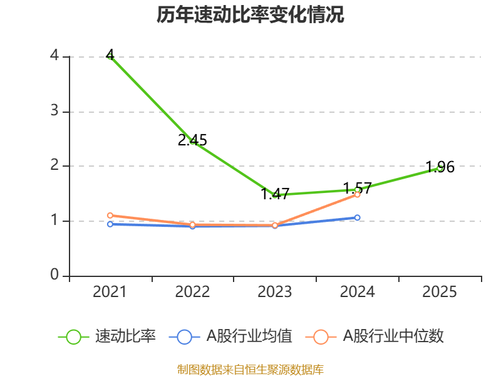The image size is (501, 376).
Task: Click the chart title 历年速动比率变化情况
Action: (250, 15)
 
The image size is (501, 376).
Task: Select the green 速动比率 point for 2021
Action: (110, 56)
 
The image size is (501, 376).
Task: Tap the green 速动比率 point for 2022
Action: (193, 142)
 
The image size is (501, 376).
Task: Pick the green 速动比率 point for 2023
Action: (275, 195)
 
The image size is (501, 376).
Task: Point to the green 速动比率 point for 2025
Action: (440, 168)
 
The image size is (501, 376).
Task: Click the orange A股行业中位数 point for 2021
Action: (110, 215)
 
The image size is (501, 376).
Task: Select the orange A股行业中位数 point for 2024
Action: (358, 194)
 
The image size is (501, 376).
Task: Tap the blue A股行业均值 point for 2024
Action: (358, 217)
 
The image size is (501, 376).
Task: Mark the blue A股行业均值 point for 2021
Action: (110, 224)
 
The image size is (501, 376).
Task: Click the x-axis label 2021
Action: (110, 292)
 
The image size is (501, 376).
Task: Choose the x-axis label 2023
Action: (275, 292)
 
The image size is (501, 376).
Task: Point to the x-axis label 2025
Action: (440, 292)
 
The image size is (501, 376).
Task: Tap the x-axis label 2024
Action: (358, 292)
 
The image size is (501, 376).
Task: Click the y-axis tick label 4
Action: (54, 56)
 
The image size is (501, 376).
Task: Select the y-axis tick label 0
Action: (54, 275)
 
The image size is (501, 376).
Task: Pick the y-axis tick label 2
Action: (54, 165)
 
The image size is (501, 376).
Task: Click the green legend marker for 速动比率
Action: (73, 337)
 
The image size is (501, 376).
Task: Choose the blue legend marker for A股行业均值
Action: (184, 337)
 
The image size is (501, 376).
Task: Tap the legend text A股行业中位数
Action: (393, 337)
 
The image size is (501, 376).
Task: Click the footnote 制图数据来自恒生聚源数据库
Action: (250, 369)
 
